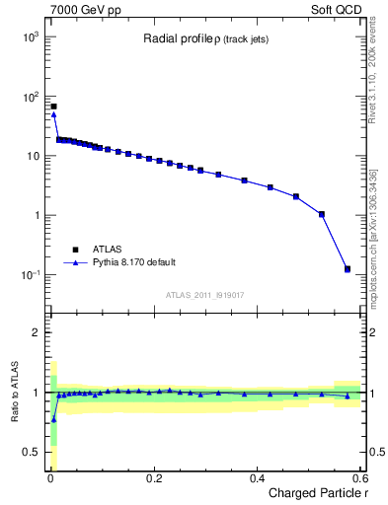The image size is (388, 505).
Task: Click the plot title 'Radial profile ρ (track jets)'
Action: tap(205, 39)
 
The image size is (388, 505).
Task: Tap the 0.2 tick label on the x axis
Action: tap(153, 477)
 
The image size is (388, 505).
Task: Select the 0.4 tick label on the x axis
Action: tap(257, 477)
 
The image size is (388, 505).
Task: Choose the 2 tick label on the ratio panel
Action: tap(35, 332)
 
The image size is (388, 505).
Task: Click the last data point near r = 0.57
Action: tap(347, 268)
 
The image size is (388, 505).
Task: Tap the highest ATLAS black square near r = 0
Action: tap(53, 106)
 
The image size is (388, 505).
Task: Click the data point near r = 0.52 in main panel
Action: tap(322, 214)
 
